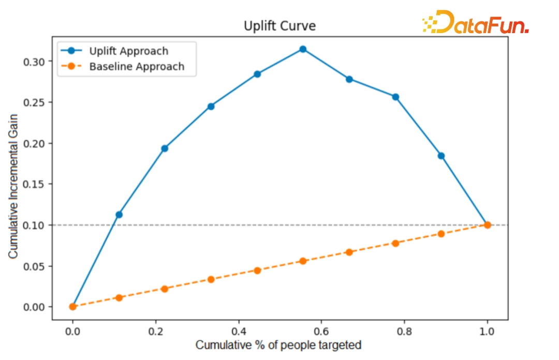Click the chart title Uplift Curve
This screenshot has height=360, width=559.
[x=279, y=26]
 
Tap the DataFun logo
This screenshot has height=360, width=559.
[x=475, y=23]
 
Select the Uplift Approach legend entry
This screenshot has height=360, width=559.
[x=128, y=51]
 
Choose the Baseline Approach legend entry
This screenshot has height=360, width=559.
[x=136, y=67]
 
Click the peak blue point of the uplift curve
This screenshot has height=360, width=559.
[x=303, y=49]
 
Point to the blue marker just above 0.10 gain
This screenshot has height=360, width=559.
[x=119, y=214]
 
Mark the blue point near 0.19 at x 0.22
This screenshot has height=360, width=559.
[x=165, y=148]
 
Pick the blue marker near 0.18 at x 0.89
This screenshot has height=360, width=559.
[x=442, y=156]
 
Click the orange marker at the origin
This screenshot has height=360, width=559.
[x=73, y=306]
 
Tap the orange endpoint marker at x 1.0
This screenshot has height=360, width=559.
[x=487, y=225]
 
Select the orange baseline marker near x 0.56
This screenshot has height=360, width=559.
[x=303, y=261]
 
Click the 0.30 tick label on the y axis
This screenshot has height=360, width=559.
[x=37, y=62]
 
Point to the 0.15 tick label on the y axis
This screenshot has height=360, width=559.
[x=37, y=184]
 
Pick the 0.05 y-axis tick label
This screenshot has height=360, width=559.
[x=37, y=266]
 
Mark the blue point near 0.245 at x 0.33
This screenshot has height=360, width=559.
[x=211, y=106]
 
